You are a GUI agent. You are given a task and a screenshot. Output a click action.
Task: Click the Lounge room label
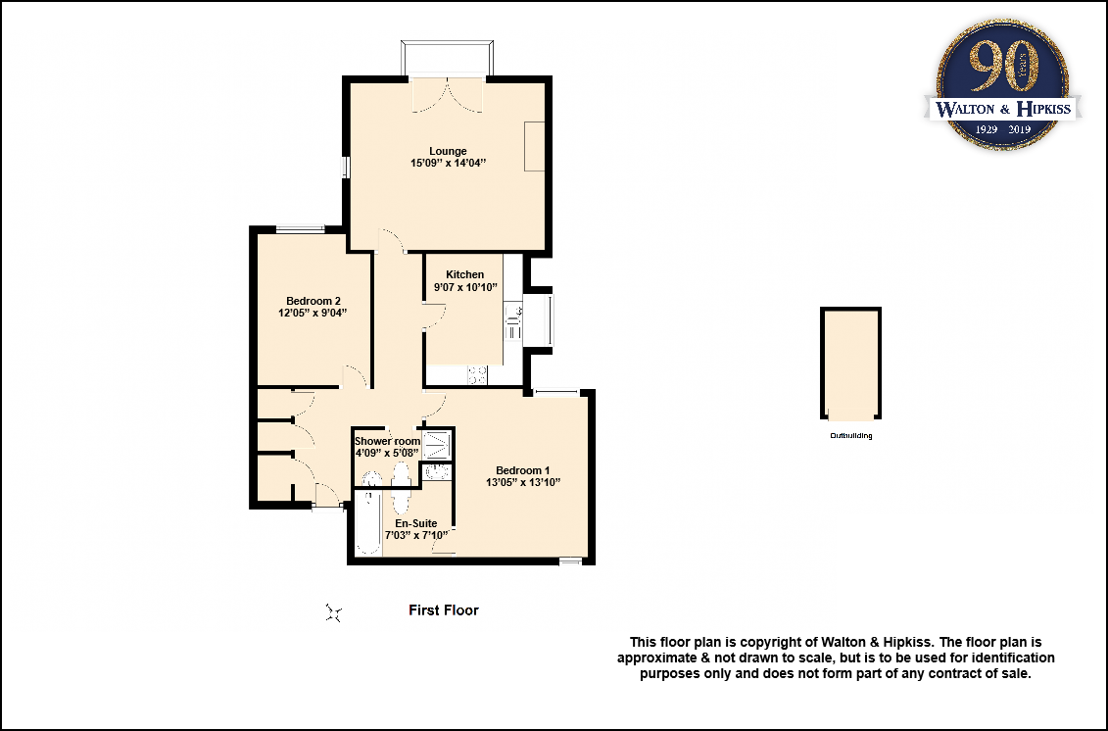pyautogui.click(x=448, y=151)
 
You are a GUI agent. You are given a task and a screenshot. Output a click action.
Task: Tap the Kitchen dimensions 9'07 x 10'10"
pyautogui.click(x=465, y=287)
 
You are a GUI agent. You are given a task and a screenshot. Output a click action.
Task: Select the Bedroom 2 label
pyautogui.click(x=313, y=301)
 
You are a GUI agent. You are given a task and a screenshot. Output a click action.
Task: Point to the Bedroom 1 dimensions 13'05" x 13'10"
pyautogui.click(x=523, y=483)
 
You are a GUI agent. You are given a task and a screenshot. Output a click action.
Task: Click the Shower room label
pyautogui.click(x=387, y=441)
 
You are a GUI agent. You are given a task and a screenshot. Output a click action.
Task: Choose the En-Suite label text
pyautogui.click(x=415, y=523)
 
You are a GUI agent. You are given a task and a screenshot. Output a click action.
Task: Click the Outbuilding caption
pyautogui.click(x=850, y=435)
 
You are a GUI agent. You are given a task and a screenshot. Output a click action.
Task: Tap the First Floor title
pyautogui.click(x=444, y=610)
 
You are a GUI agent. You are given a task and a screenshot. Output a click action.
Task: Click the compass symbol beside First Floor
pyautogui.click(x=334, y=612)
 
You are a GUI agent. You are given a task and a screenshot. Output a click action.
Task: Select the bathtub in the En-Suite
pyautogui.click(x=367, y=522)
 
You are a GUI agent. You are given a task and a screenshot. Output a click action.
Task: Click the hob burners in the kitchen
pyautogui.click(x=477, y=374)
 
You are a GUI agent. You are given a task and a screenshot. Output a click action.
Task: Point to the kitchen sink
pyautogui.click(x=512, y=323)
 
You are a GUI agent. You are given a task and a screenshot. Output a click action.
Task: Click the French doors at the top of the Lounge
pyautogui.click(x=448, y=94)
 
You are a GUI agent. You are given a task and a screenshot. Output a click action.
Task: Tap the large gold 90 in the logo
pyautogui.click(x=1003, y=66)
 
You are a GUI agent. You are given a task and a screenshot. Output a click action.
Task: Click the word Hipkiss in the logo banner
pyautogui.click(x=1043, y=108)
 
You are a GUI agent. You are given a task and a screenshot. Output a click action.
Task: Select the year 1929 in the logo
pyautogui.click(x=986, y=129)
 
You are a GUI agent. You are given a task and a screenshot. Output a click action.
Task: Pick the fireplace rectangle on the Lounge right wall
pyautogui.click(x=534, y=146)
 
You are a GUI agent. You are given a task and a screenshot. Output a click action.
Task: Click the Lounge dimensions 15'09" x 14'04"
pyautogui.click(x=448, y=164)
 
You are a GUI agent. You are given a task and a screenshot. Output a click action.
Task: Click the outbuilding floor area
pyautogui.click(x=850, y=364)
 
